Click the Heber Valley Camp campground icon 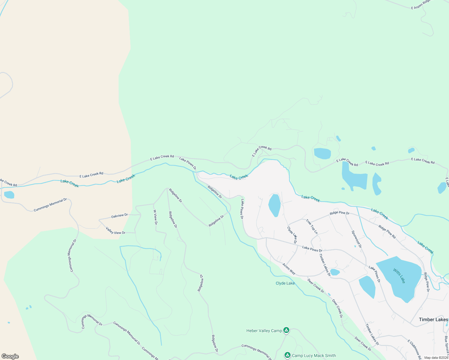pos(286,330)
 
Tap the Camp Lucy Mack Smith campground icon pos(288,355)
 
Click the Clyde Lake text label pos(285,283)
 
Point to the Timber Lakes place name pos(433,319)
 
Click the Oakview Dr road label pos(119,216)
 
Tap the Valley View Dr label pos(116,231)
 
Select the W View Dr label pos(155,217)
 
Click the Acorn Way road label pos(289,269)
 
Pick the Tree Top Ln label pos(312,226)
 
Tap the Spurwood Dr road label pos(357,239)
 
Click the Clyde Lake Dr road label pos(292,235)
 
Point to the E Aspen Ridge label pos(421,5)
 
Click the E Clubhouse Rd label pos(414,349)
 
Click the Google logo pos(10,356)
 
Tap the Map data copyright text pos(436,358)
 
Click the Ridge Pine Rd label pos(387,232)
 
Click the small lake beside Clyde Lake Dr pos(274,205)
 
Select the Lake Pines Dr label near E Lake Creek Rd pos(188,163)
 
